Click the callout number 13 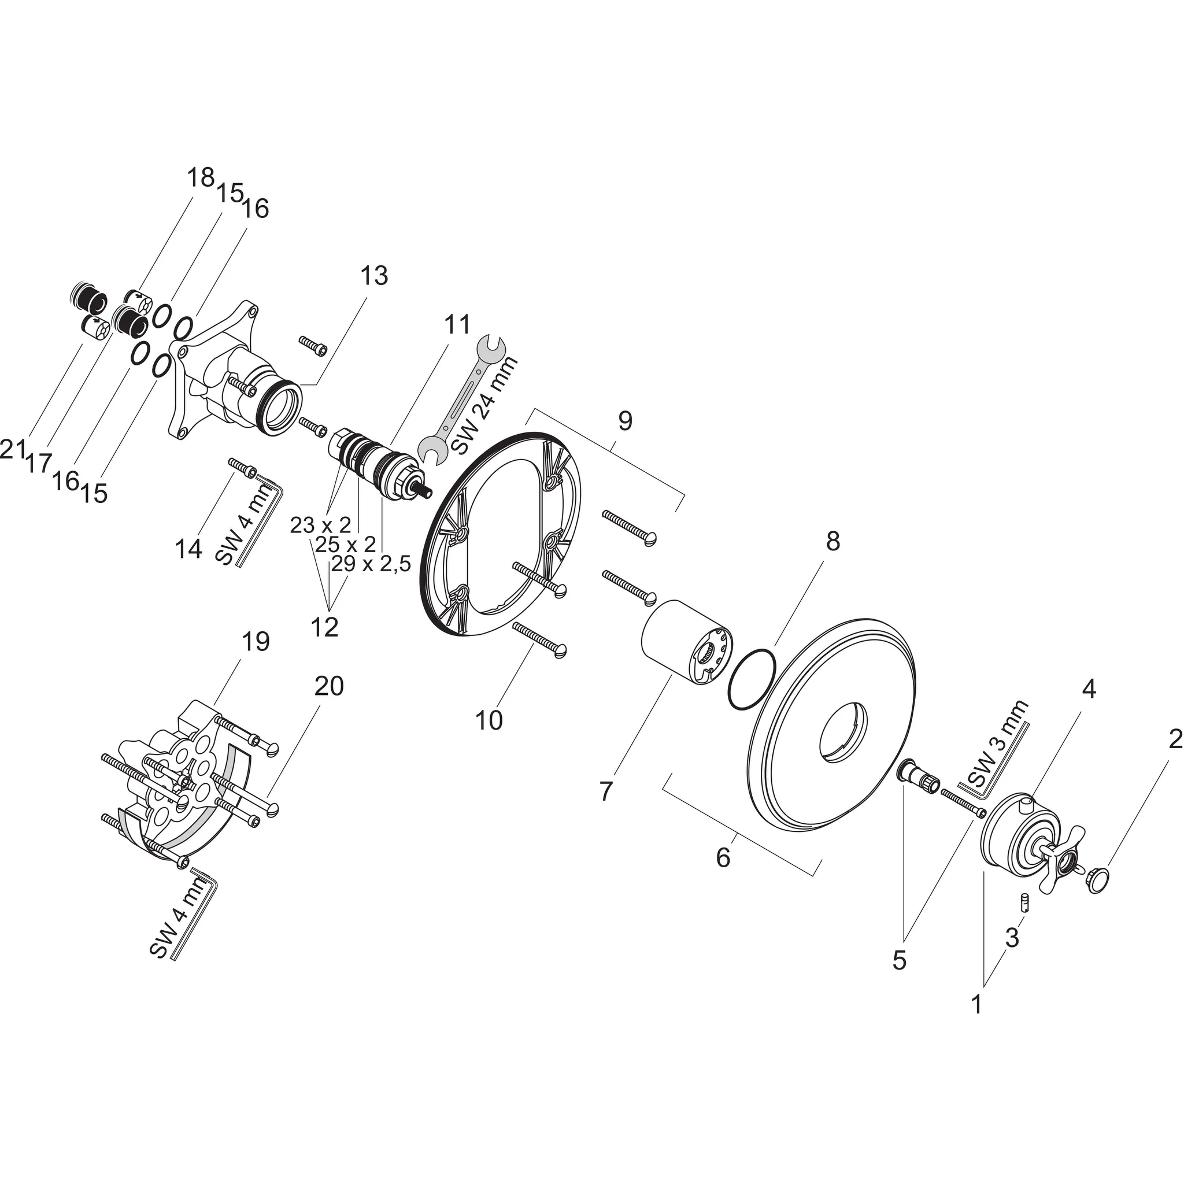373,276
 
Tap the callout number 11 457,324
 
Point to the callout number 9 624,420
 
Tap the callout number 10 489,720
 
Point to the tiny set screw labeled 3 1024,901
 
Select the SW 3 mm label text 997,745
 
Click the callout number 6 723,857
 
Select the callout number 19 256,642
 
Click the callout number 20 329,686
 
